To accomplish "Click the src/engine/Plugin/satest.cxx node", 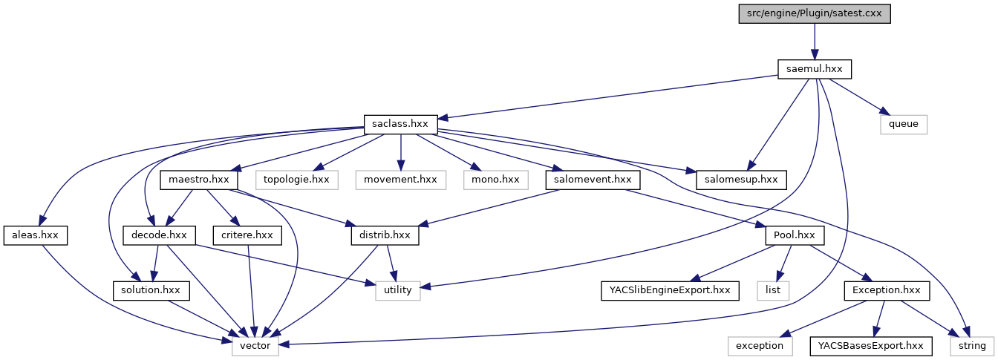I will [x=815, y=14].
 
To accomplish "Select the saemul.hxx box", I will [x=815, y=69].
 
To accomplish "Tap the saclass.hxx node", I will [x=401, y=124].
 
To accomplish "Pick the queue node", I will [x=904, y=124].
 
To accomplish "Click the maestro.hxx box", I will [x=199, y=180].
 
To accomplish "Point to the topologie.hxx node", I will [x=297, y=180].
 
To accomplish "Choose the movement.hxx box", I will [x=400, y=180].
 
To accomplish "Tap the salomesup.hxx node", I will [x=740, y=180].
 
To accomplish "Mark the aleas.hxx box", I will [x=36, y=235].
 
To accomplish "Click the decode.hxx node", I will [x=159, y=235].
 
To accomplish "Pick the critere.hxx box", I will [x=248, y=235].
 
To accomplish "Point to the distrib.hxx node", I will [x=385, y=235].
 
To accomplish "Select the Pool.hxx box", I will [x=795, y=235].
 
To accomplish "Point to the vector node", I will [x=255, y=346].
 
